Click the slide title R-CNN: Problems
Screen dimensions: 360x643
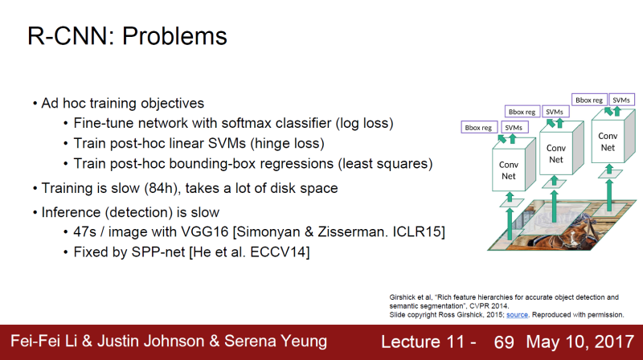point(127,36)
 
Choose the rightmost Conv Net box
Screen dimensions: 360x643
point(608,141)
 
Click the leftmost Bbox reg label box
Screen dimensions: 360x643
point(479,127)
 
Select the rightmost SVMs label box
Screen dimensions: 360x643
point(621,100)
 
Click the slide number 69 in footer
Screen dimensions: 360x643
point(504,342)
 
